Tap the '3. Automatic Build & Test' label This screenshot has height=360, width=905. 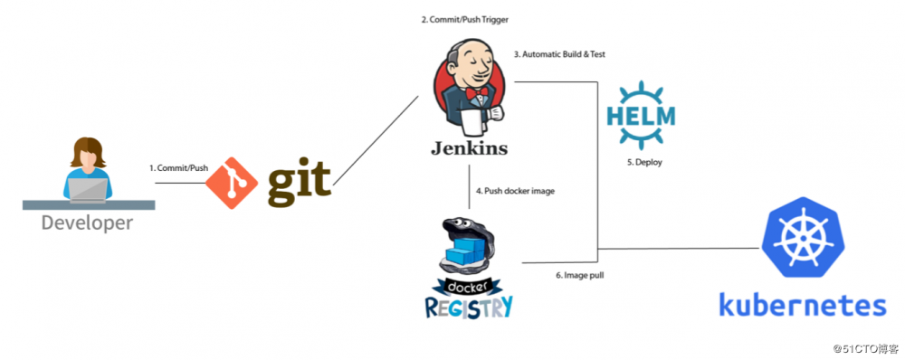559,54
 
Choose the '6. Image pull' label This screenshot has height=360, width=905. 580,275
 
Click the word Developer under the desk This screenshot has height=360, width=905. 87,223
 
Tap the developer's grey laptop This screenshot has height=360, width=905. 88,189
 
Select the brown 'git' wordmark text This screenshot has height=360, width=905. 299,182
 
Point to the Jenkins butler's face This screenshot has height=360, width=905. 471,68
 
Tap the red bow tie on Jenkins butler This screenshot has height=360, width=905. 472,94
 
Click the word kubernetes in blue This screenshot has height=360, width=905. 802,304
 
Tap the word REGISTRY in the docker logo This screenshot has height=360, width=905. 468,306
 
